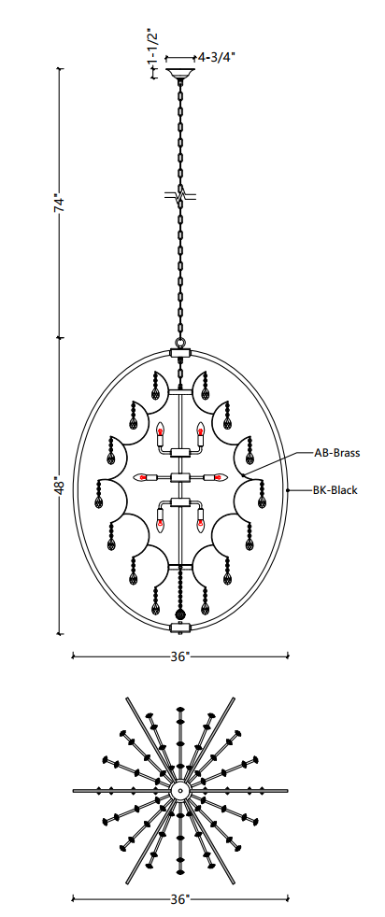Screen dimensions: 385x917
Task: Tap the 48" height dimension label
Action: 60,485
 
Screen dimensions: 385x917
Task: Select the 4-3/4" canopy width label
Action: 217,57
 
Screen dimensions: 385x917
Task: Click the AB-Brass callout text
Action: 336,453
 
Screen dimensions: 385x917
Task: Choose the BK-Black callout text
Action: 335,490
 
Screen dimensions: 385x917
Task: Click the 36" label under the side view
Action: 180,656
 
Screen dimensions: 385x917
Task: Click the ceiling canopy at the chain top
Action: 180,75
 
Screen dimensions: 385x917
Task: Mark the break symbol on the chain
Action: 180,196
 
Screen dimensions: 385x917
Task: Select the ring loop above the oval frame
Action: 180,344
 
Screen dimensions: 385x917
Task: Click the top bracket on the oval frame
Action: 180,353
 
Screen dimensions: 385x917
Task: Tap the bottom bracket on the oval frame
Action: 180,628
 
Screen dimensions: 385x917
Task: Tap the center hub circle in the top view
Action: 180,791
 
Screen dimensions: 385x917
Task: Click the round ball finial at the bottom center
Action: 180,614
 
